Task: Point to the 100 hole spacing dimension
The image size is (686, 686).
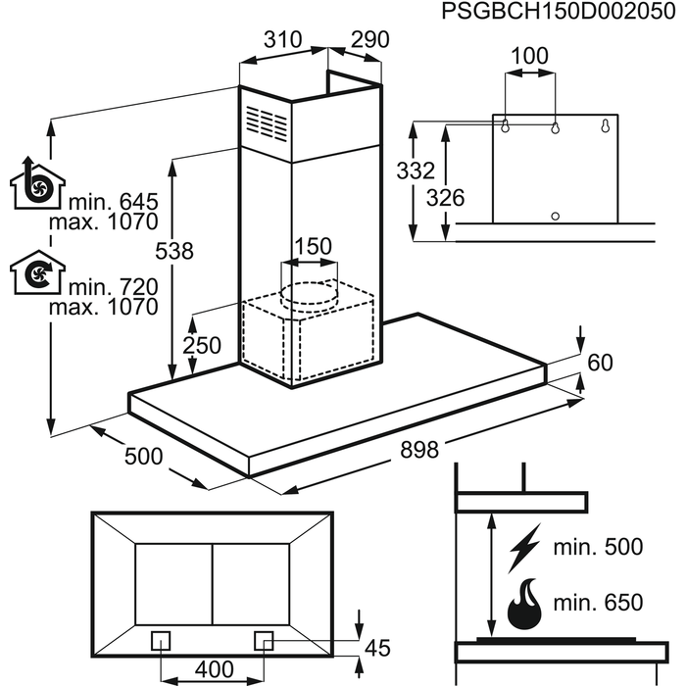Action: [529, 56]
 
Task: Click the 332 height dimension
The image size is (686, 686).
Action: [416, 171]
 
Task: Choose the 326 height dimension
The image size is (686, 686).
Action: [446, 197]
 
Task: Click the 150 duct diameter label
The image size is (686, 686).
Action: [313, 246]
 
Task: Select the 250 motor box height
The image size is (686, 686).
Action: [201, 345]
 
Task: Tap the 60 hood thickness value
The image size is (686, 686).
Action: [600, 363]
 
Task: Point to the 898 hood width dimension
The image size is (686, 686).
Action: [419, 450]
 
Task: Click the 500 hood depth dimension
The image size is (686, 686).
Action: [143, 456]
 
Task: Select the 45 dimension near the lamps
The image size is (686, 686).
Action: [376, 647]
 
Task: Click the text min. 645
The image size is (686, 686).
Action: [113, 202]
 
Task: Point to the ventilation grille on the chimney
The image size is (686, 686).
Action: [268, 123]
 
